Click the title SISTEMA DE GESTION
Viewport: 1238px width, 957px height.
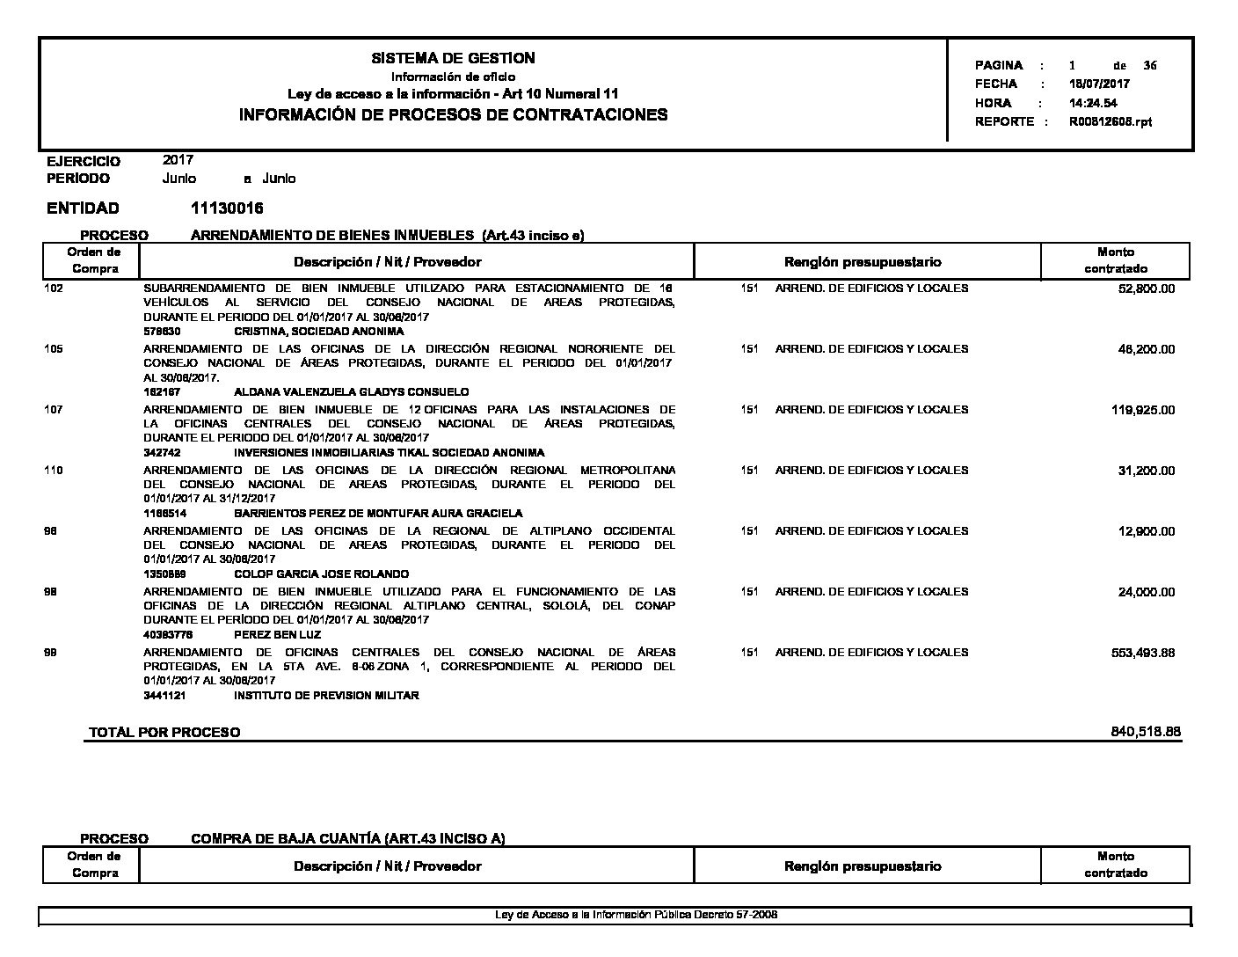(x=453, y=58)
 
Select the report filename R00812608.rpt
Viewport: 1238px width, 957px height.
(x=1111, y=122)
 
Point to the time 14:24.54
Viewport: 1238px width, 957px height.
(x=1093, y=103)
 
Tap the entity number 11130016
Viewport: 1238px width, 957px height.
(x=227, y=208)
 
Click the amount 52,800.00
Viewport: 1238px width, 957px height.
(x=1146, y=289)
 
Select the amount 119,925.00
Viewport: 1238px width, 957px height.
(x=1143, y=410)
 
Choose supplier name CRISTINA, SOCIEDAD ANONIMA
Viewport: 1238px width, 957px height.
(x=319, y=332)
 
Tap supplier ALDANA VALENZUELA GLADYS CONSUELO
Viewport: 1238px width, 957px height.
(x=351, y=392)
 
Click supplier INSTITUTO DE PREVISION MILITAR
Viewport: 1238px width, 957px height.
(x=326, y=696)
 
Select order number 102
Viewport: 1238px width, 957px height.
(x=54, y=289)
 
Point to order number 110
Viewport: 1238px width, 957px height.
(x=54, y=471)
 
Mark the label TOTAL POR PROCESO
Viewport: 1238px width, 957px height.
(x=164, y=733)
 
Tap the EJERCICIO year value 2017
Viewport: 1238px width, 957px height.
(x=178, y=160)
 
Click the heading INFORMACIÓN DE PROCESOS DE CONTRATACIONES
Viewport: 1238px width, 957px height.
(x=453, y=114)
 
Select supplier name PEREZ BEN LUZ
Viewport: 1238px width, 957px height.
(x=277, y=635)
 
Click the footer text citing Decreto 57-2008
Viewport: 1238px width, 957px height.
(x=636, y=915)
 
